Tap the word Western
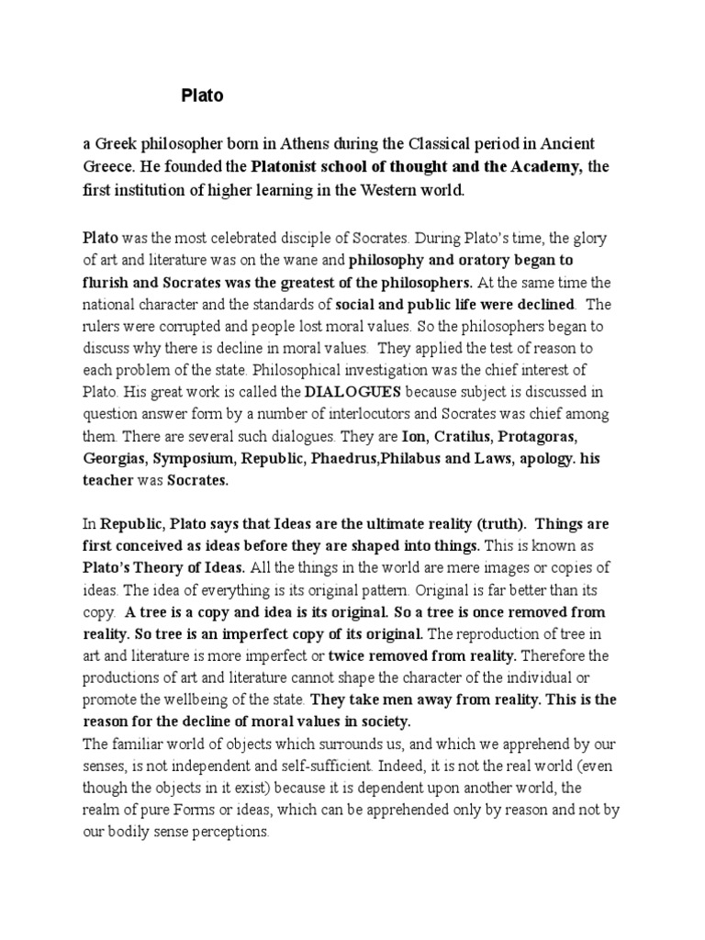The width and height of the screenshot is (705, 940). pos(387,190)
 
